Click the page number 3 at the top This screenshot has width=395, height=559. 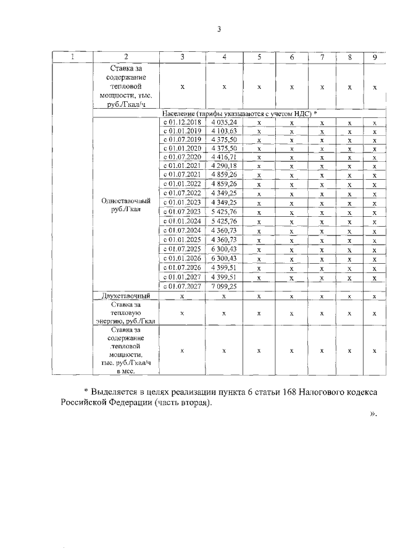218,29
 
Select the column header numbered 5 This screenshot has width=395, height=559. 259,57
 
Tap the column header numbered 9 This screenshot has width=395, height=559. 375,57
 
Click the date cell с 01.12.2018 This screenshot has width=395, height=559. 182,123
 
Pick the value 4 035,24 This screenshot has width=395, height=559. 224,123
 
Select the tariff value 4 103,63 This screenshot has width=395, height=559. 224,132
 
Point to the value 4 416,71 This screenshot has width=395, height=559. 224,158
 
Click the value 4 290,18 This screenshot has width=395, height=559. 224,167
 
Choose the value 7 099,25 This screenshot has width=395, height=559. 224,287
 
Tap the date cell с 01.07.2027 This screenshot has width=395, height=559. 182,287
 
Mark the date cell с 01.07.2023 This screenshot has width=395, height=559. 182,212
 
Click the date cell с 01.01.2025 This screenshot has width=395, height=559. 182,239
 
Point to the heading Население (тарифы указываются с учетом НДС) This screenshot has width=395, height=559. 238,114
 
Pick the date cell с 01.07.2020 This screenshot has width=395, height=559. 182,158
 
